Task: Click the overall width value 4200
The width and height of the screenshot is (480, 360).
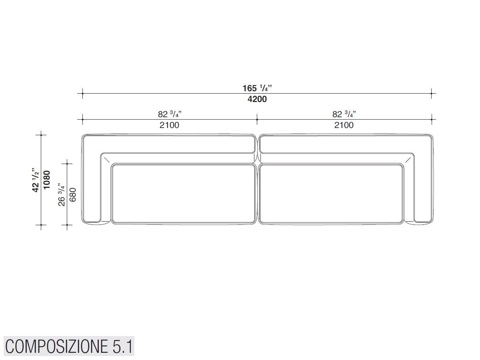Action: (x=257, y=99)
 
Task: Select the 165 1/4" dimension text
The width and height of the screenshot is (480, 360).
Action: (x=257, y=88)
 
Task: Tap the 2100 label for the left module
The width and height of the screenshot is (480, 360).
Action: (x=169, y=125)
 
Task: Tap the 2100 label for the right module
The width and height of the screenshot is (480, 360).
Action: (x=344, y=125)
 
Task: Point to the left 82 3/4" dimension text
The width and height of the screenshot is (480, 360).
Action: (x=170, y=114)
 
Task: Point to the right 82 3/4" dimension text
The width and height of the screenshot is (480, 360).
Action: (x=344, y=114)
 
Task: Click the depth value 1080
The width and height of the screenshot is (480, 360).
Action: (x=47, y=180)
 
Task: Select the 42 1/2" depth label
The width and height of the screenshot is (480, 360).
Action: (x=36, y=180)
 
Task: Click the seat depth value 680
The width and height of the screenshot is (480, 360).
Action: (x=73, y=195)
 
